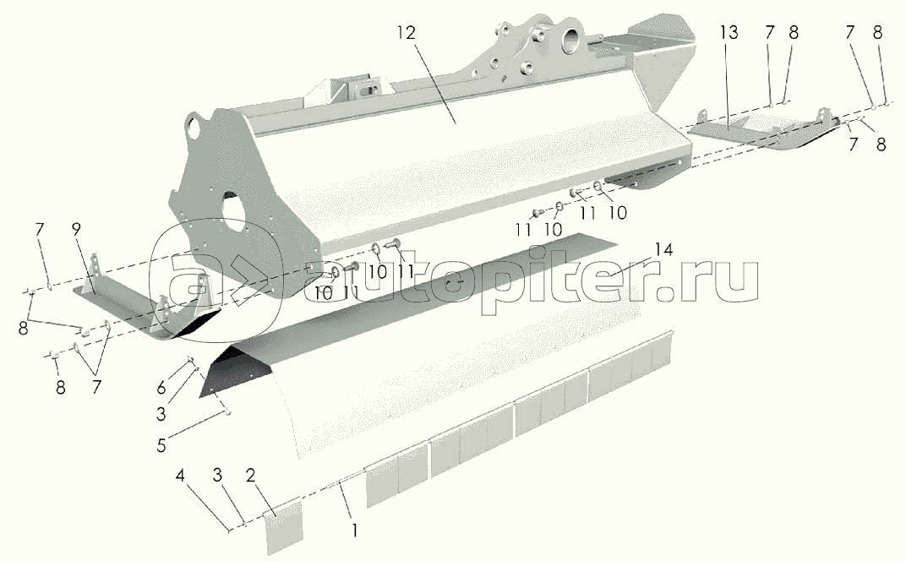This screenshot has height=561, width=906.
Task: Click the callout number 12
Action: pyautogui.click(x=406, y=33)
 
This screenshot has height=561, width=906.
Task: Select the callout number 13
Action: pyautogui.click(x=729, y=33)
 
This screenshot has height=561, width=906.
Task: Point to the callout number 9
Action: pyautogui.click(x=76, y=229)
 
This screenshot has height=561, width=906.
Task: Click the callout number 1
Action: pyautogui.click(x=355, y=530)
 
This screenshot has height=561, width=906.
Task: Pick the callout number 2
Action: pyautogui.click(x=250, y=476)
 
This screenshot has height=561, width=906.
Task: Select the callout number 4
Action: pyautogui.click(x=181, y=476)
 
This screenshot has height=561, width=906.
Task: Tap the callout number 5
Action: pyautogui.click(x=161, y=445)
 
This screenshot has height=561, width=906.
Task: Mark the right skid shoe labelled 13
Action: pyautogui.click(x=762, y=129)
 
